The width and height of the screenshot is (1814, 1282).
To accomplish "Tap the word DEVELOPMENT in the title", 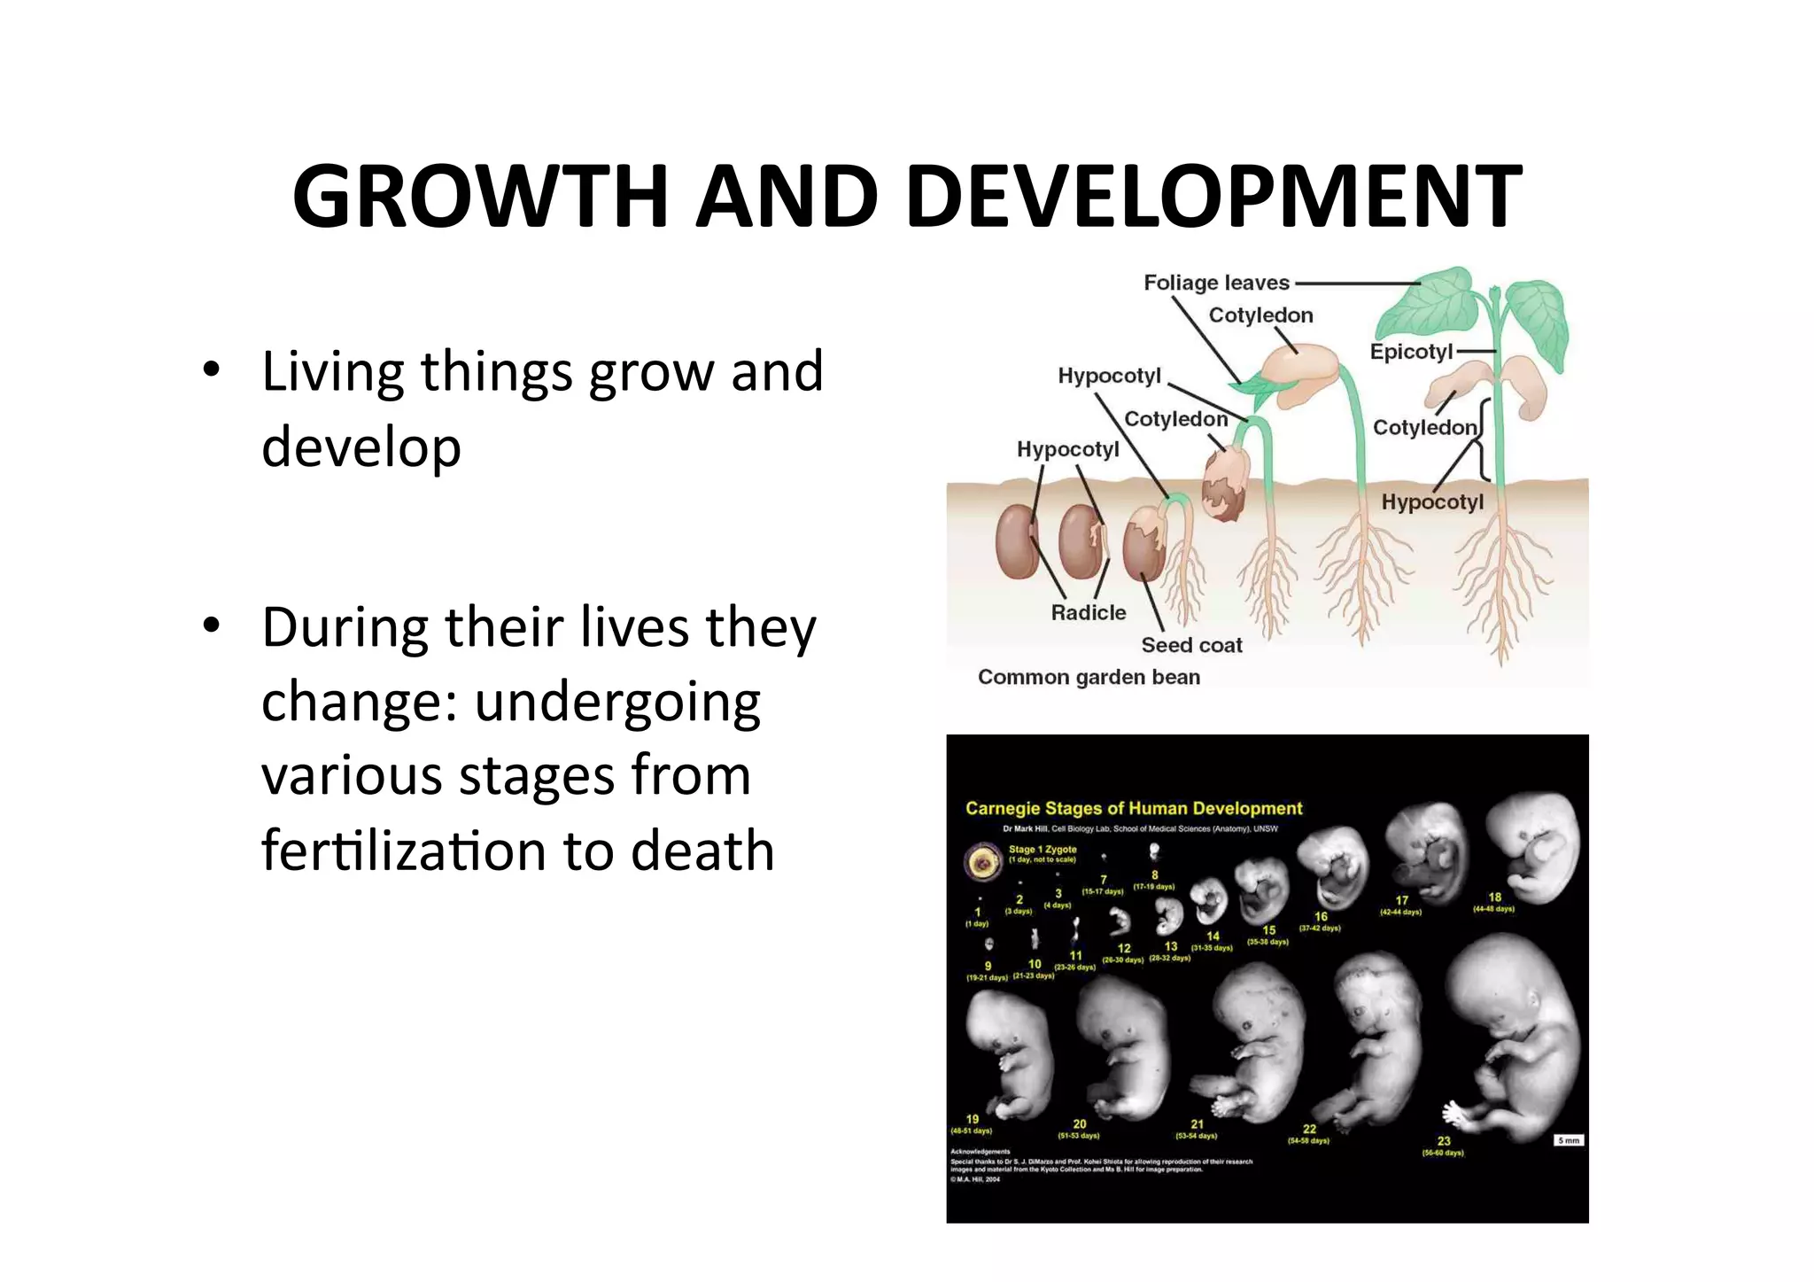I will click(x=1213, y=197).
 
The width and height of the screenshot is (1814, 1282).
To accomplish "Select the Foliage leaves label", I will click(x=1216, y=283).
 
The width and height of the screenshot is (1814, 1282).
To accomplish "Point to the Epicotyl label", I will click(x=1411, y=352).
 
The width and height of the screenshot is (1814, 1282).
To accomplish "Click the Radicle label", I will click(x=1088, y=612).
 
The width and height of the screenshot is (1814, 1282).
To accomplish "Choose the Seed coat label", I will click(x=1191, y=645).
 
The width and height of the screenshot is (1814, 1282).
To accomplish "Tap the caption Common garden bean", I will click(x=1089, y=677).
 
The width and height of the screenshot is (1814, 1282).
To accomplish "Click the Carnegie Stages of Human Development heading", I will click(x=1134, y=808).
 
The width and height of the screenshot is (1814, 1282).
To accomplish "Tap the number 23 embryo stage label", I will click(x=1444, y=1141).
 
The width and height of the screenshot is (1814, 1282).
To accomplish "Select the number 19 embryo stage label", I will click(x=973, y=1119).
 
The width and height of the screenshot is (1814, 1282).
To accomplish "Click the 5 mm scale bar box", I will click(x=1568, y=1140).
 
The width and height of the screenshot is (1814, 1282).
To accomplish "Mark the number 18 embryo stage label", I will click(x=1494, y=897).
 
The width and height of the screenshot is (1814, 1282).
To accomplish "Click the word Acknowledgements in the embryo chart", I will click(x=980, y=1152).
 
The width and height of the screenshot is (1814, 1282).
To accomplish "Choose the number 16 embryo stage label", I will click(x=1321, y=916).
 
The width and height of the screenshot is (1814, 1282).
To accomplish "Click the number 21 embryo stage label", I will click(x=1197, y=1123).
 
